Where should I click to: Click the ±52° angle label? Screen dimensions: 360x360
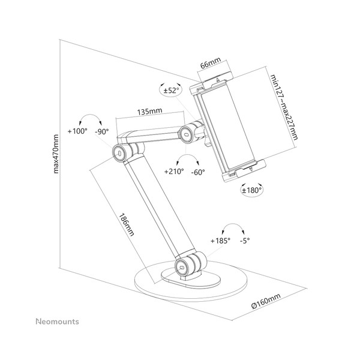[x=172, y=91]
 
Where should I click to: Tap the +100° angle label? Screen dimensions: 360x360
[x=78, y=131]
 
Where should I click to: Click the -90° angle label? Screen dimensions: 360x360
[x=102, y=131]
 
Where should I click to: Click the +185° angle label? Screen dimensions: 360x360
[x=221, y=241]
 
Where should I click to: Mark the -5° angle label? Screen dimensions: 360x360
[x=244, y=241]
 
